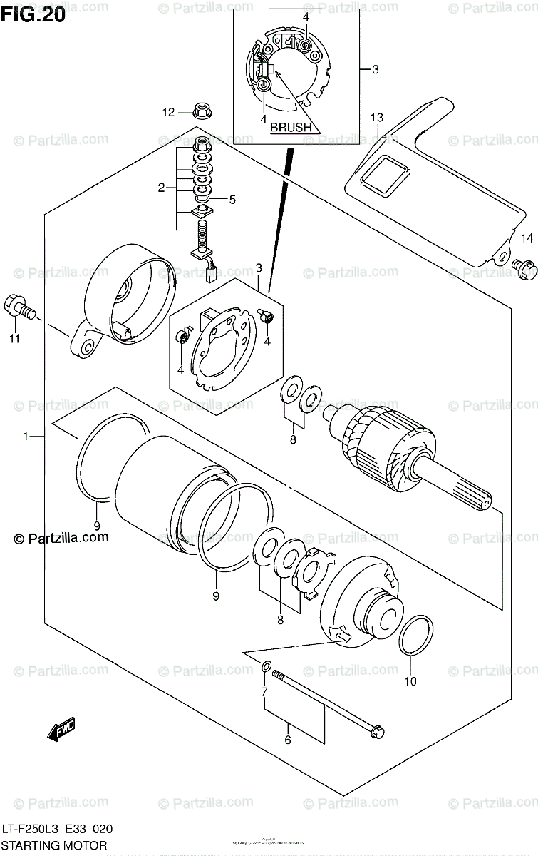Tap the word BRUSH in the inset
pos(291,128)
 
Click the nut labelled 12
pos(202,111)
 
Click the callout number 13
pos(376,117)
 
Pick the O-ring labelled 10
pos(415,636)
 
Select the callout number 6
pos(288,740)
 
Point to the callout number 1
pos(25,436)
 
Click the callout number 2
pos(162,188)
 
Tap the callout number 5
pos(231,199)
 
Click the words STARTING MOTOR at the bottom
pos(54,845)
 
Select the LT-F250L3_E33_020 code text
pos(58,830)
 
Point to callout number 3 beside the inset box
pos(375,69)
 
